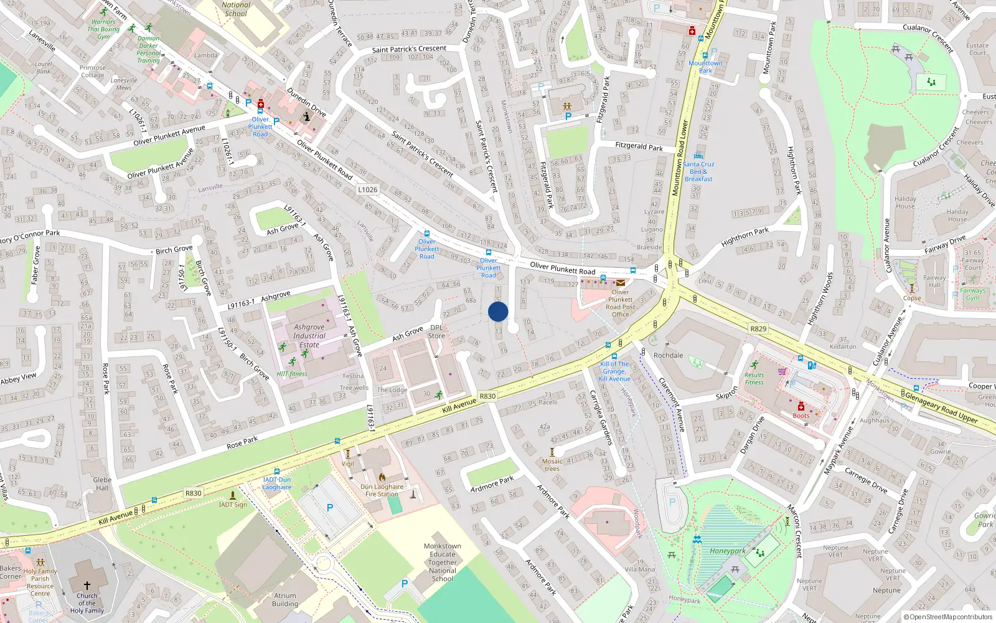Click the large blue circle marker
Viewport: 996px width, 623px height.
pyautogui.click(x=498, y=311)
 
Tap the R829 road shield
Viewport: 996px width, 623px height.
pyautogui.click(x=758, y=329)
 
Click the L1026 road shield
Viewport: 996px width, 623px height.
pyautogui.click(x=367, y=189)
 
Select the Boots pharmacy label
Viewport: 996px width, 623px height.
pyautogui.click(x=801, y=416)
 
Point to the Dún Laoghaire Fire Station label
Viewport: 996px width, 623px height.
pyautogui.click(x=382, y=490)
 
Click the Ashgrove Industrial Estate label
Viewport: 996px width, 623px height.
pyautogui.click(x=309, y=336)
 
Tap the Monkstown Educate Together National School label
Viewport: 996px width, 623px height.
pyautogui.click(x=443, y=562)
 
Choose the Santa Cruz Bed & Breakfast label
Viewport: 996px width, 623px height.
pyautogui.click(x=698, y=171)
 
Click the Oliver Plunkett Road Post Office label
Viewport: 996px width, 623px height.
pyautogui.click(x=620, y=303)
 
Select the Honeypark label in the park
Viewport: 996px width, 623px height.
pyautogui.click(x=727, y=551)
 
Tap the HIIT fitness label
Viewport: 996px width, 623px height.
pyautogui.click(x=292, y=374)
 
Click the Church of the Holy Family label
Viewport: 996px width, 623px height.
pyautogui.click(x=87, y=603)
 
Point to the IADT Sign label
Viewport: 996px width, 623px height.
pyautogui.click(x=233, y=505)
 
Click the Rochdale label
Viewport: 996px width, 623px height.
pyautogui.click(x=668, y=355)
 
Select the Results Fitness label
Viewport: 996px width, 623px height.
pyautogui.click(x=754, y=379)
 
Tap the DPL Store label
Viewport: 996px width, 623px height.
pyautogui.click(x=436, y=331)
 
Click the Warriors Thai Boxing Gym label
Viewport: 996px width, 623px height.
pyautogui.click(x=103, y=29)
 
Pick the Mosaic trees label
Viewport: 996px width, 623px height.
pyautogui.click(x=552, y=465)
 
